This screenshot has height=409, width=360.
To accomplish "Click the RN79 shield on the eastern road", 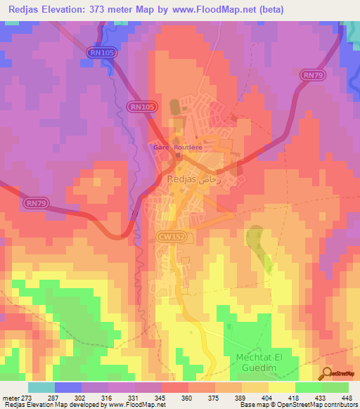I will click(311, 74).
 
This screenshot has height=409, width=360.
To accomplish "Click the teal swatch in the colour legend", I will click(41, 387).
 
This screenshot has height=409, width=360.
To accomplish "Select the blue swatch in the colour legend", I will click(67, 387).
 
